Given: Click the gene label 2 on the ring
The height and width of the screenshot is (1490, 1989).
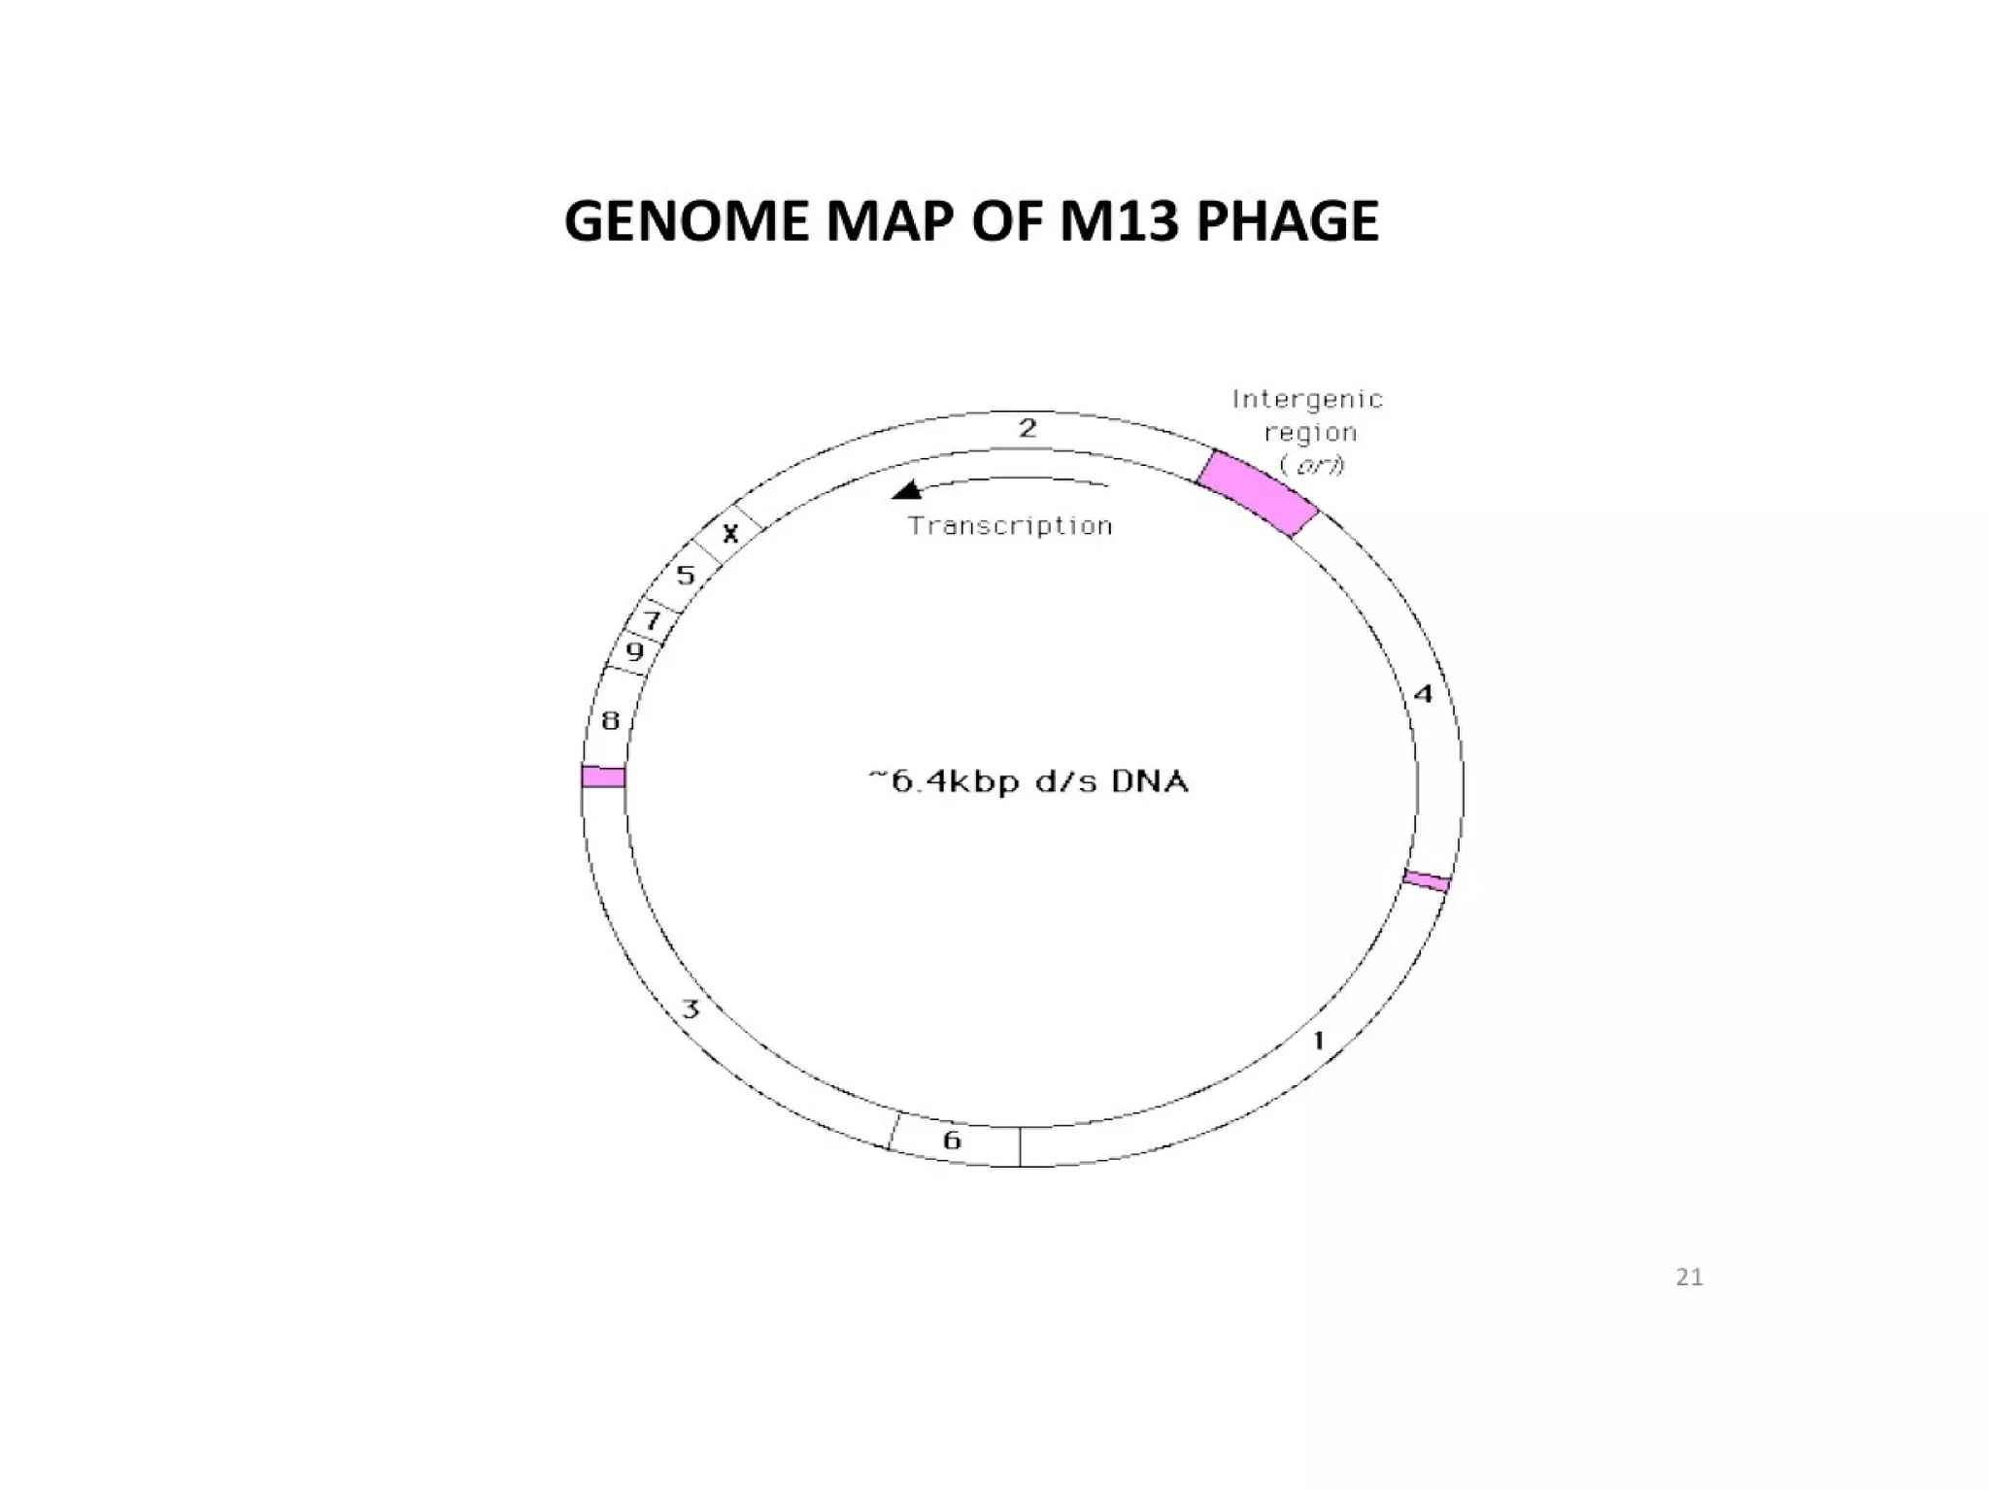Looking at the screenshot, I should (1028, 428).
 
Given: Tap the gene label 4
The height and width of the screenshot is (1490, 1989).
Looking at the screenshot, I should (1423, 694).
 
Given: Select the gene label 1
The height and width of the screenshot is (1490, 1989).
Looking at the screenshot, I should (1319, 1042).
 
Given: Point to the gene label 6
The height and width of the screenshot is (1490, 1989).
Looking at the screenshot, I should (952, 1140).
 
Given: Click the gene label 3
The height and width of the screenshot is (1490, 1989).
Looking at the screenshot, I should (691, 1010).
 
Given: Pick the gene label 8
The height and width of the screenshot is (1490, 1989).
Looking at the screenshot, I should (610, 720).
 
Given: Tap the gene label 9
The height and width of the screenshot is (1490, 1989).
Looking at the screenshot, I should (634, 651).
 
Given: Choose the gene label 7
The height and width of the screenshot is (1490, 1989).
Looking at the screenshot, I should (653, 620).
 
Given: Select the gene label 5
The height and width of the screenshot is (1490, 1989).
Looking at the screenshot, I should (686, 576).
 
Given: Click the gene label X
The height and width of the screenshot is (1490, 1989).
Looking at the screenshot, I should (730, 533).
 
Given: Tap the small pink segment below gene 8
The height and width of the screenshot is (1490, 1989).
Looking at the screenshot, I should (603, 777).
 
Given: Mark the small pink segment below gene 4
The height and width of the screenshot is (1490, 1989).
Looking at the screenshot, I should (1426, 881).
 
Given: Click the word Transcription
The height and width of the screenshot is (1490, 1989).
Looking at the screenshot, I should (1010, 526).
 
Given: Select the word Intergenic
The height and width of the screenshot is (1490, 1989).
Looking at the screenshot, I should (1307, 399).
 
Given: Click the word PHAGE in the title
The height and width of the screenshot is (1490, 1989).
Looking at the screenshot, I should (1287, 221).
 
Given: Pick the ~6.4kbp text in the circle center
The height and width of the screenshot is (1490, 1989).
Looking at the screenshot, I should (943, 781).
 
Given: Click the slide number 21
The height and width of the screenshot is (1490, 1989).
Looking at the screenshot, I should (1689, 1277).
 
